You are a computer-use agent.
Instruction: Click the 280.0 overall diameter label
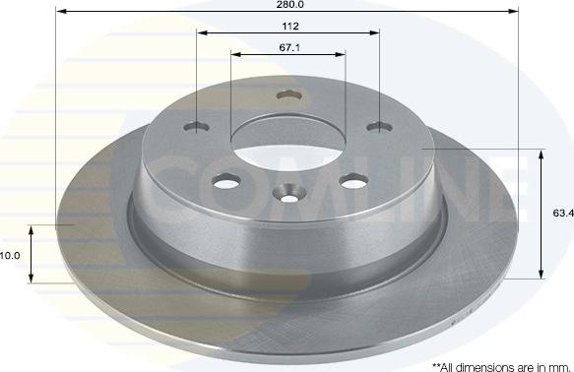click(289, 5)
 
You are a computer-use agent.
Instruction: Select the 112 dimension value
click(289, 27)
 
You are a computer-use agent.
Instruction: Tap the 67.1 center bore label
click(289, 47)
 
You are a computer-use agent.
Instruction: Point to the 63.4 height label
click(563, 214)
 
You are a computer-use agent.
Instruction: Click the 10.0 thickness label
click(9, 256)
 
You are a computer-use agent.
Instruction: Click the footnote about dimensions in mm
click(501, 367)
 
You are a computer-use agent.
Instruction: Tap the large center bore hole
click(288, 144)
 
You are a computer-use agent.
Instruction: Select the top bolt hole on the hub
click(289, 95)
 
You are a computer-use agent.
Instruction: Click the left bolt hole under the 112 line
click(197, 127)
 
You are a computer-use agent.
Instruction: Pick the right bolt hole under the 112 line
click(380, 127)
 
